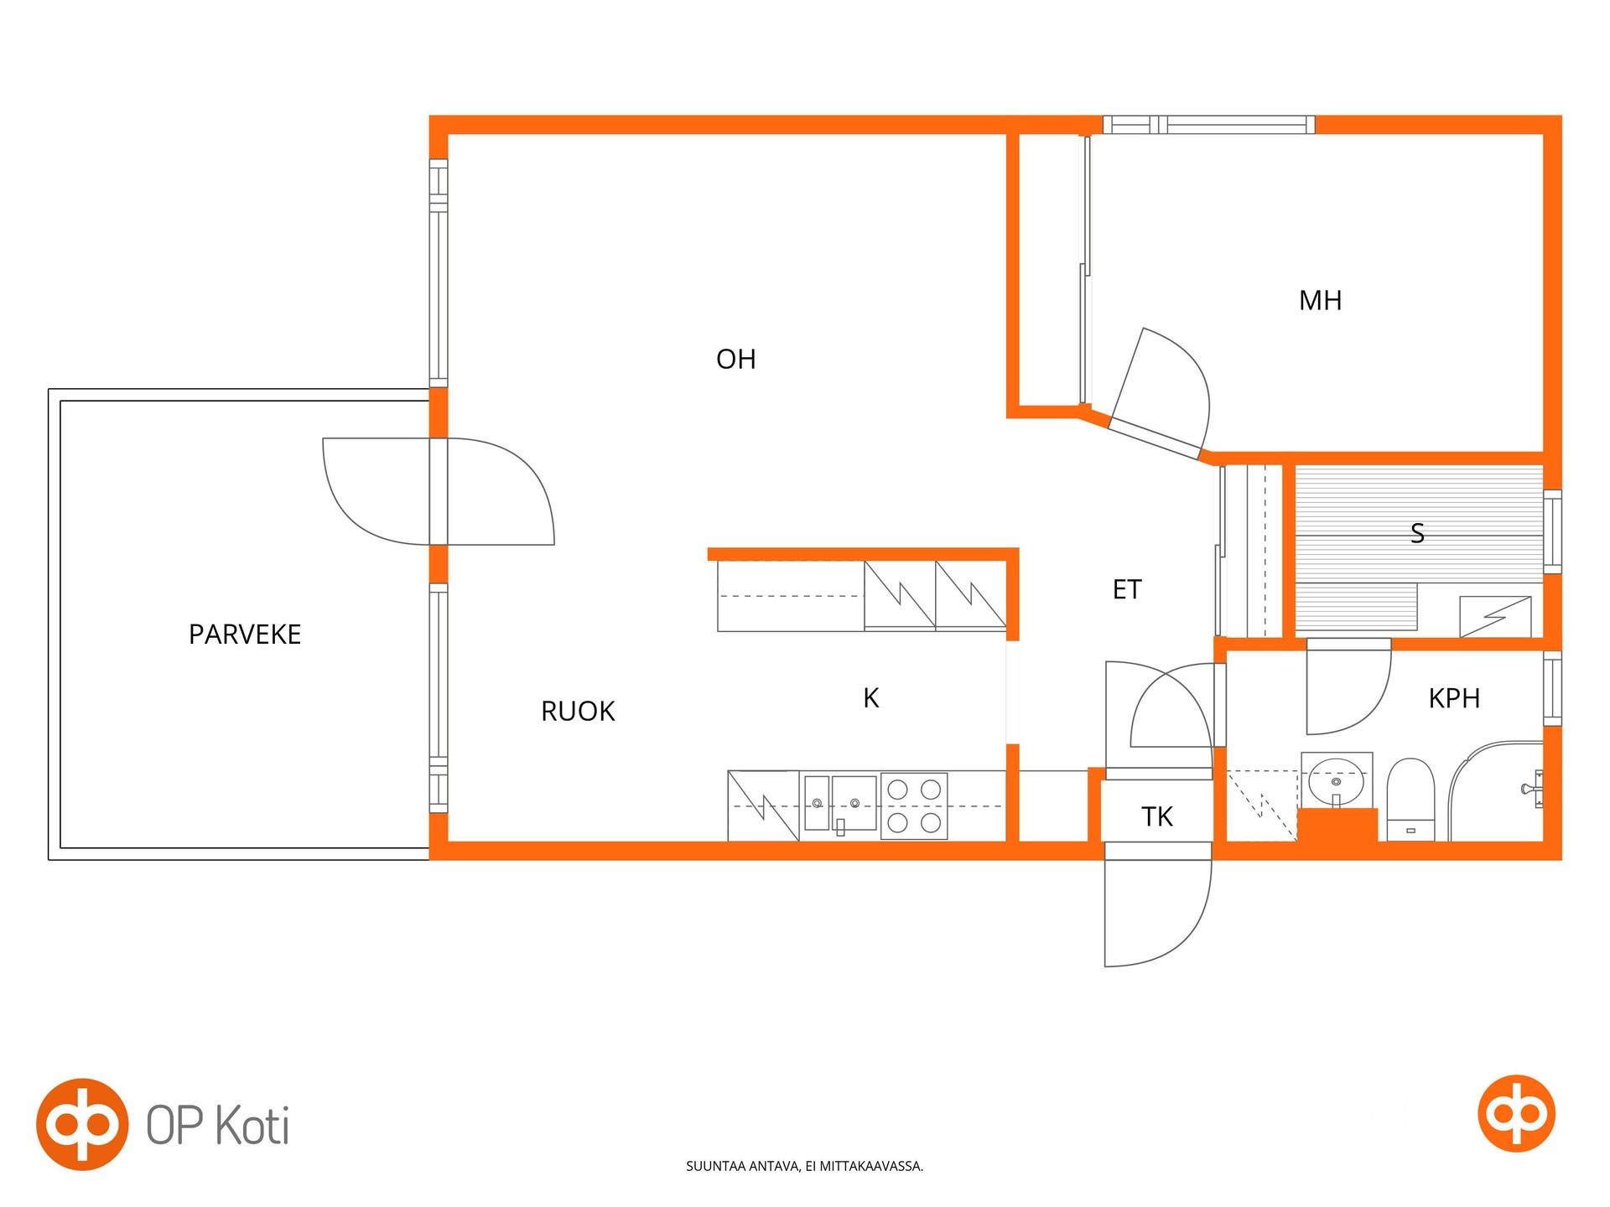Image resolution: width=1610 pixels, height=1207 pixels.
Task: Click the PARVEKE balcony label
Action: click(245, 635)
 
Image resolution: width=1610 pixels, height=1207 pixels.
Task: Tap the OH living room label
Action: click(736, 360)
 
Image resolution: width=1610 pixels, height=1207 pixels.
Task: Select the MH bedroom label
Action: click(1320, 301)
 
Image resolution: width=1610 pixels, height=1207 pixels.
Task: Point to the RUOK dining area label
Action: click(578, 712)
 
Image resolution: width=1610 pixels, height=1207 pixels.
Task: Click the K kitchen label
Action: click(871, 698)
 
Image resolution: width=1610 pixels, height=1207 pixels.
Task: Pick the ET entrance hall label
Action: click(1127, 590)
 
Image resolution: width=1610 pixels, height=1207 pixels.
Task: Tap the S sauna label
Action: click(1417, 533)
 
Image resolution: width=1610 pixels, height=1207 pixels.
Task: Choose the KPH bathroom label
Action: click(1454, 698)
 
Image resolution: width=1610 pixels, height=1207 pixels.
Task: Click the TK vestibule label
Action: click(1157, 816)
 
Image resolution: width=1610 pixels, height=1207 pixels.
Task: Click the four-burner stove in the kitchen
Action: click(914, 806)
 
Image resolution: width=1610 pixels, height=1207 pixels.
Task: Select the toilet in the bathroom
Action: click(1410, 800)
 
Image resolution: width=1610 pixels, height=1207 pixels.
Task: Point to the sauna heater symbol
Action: click(1495, 616)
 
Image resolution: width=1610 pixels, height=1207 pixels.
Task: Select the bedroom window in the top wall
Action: click(1208, 125)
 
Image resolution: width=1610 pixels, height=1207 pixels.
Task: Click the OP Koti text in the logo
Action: click(218, 1126)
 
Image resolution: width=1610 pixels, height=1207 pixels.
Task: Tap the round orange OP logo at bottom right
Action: click(1516, 1113)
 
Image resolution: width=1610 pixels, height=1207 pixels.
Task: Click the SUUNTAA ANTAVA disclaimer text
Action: click(805, 1166)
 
